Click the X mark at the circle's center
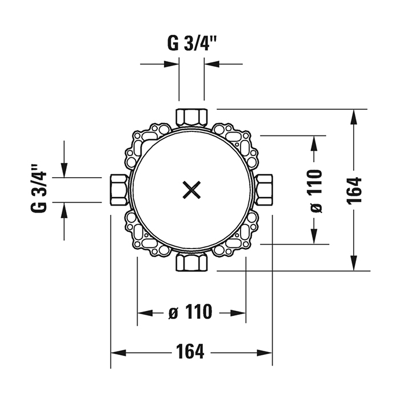pyautogui.click(x=191, y=190)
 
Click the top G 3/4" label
pyautogui.click(x=192, y=43)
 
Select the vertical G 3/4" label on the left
pyautogui.click(x=39, y=188)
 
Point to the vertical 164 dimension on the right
pyautogui.click(x=354, y=190)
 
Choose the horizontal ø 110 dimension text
pyautogui.click(x=190, y=312)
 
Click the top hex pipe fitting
pyautogui.click(x=192, y=117)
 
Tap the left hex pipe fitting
pyautogui.click(x=119, y=190)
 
